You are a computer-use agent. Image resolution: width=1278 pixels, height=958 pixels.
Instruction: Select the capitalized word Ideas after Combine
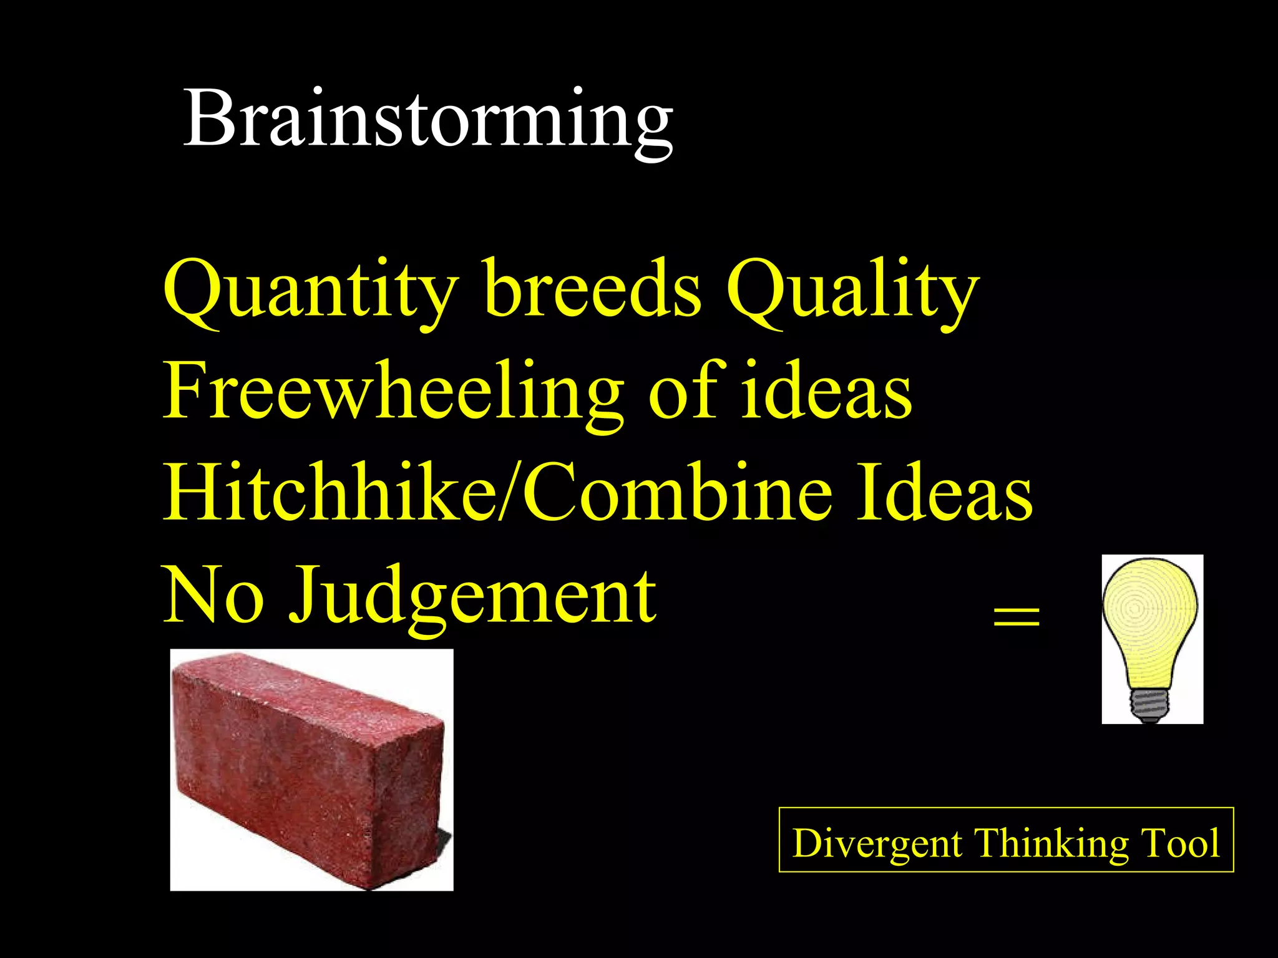944,494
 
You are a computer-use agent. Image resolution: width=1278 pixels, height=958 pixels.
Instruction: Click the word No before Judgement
212,596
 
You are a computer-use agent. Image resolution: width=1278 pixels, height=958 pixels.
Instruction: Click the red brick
310,767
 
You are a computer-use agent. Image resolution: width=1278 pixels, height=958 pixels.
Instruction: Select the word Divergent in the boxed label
877,843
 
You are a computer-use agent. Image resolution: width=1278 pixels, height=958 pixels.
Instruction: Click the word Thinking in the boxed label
1051,843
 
